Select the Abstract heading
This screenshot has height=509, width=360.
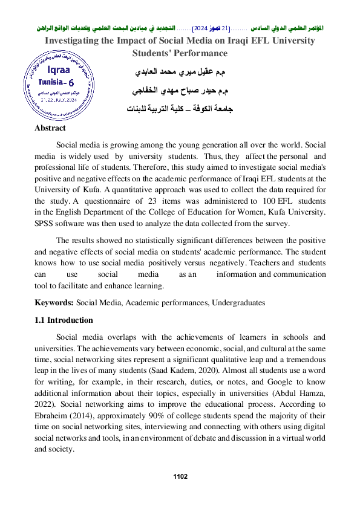click(50, 129)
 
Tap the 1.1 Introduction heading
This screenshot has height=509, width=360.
click(64, 320)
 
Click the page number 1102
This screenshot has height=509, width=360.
click(180, 477)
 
